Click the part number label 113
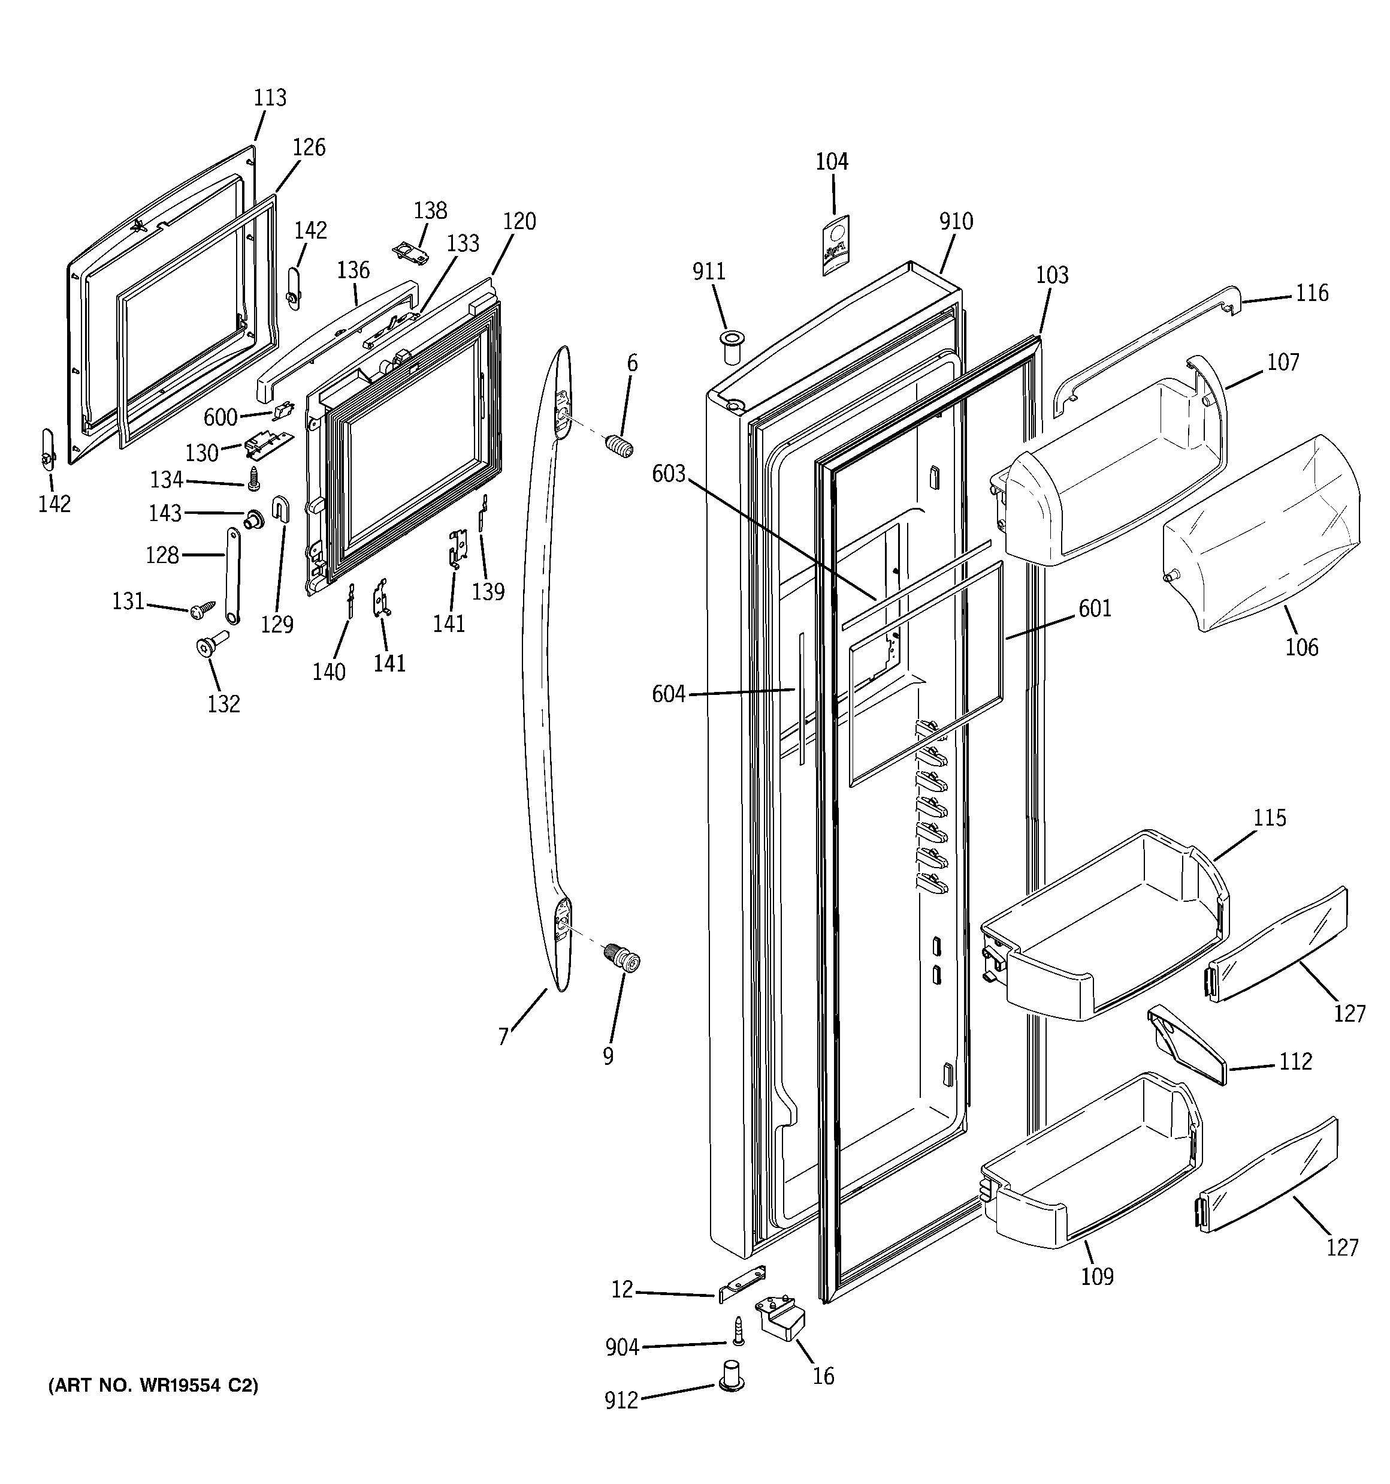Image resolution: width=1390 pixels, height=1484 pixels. (x=270, y=98)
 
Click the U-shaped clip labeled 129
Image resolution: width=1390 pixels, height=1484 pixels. (x=282, y=509)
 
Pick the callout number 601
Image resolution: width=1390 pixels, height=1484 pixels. (x=1095, y=609)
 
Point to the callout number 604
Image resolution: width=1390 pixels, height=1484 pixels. (x=669, y=694)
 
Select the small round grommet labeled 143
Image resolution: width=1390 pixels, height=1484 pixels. (x=255, y=517)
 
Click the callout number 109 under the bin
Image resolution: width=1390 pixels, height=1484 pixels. (x=1097, y=1277)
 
